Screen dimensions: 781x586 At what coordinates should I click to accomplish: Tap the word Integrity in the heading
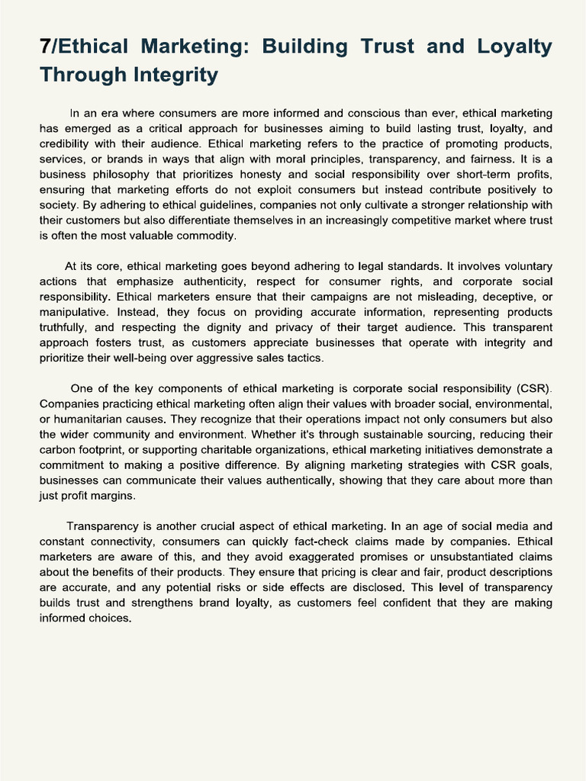coord(178,75)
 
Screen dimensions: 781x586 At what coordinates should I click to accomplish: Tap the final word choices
coord(109,618)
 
